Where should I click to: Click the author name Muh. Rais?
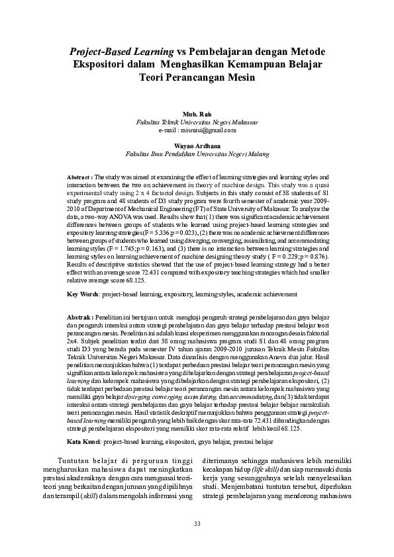(197, 114)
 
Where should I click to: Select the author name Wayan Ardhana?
(197, 146)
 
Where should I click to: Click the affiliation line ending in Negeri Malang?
(197, 153)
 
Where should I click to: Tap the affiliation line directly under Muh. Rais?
(197, 122)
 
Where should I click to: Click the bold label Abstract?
(80, 177)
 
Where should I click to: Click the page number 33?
(197, 525)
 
